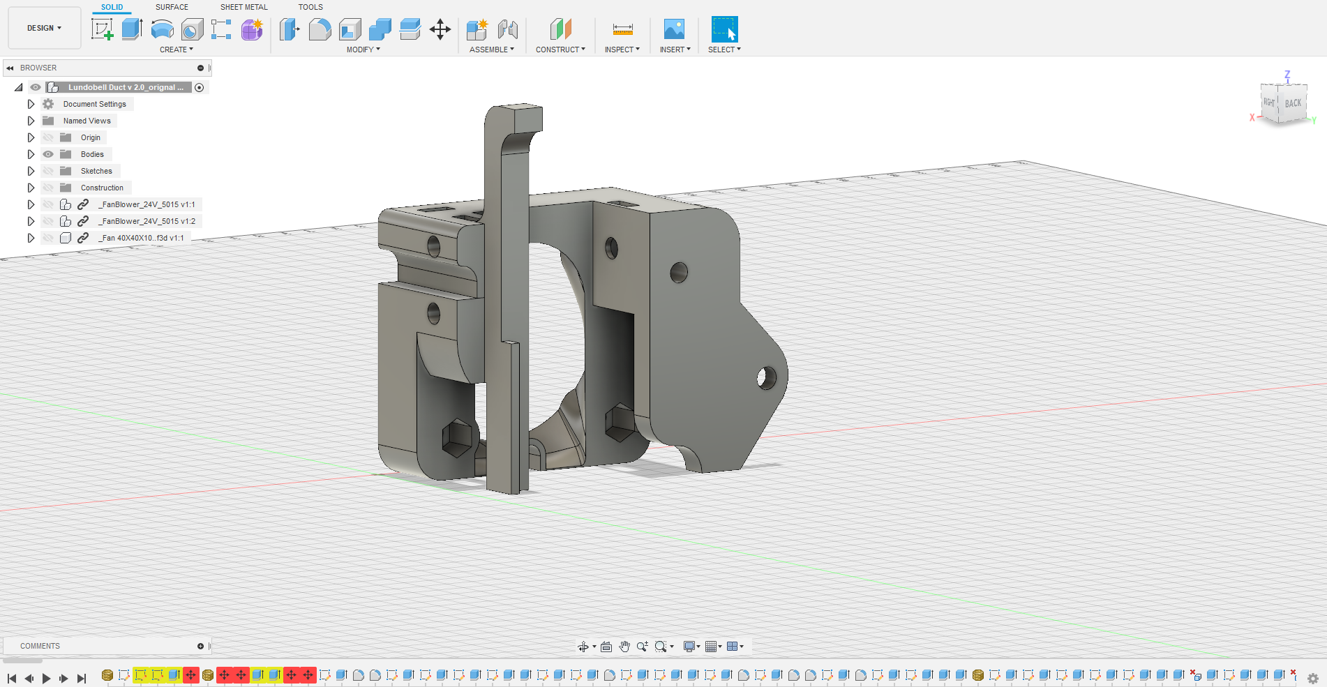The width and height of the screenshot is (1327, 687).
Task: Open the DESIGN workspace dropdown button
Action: [x=45, y=28]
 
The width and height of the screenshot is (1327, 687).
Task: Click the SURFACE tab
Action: [x=172, y=7]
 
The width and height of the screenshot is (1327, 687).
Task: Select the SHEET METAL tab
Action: [x=243, y=7]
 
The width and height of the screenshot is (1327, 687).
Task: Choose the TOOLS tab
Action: [x=310, y=7]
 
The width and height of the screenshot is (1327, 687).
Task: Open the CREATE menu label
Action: [x=177, y=50]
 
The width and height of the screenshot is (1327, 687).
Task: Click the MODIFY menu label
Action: [x=363, y=50]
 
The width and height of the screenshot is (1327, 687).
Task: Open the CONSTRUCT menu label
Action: [x=560, y=50]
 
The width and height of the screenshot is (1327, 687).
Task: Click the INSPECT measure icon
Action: [x=622, y=29]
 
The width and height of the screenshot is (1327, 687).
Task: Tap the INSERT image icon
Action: [x=674, y=29]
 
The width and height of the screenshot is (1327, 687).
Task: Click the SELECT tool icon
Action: [x=724, y=29]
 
